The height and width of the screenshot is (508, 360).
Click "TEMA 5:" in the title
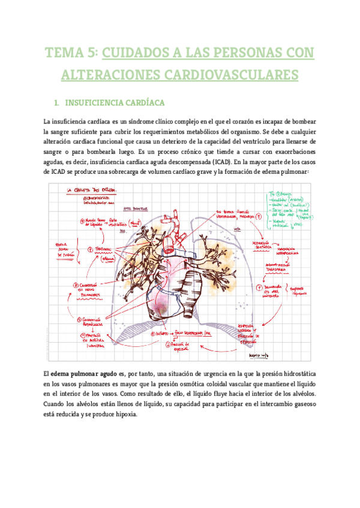coord(70,53)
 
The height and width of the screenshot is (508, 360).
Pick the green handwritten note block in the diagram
coord(285,213)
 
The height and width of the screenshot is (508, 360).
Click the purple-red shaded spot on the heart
coord(162,308)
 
